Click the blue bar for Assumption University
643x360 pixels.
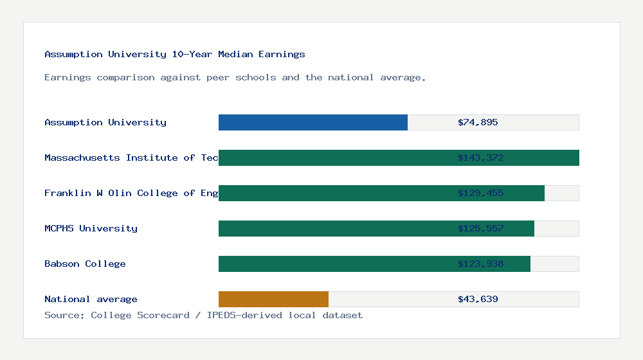(313, 122)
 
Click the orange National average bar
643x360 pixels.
(273, 299)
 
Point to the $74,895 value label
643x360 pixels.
(478, 122)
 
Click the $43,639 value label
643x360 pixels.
(478, 299)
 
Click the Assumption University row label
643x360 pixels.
(105, 122)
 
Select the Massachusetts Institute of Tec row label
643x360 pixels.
(131, 157)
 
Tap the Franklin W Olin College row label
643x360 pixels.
(131, 193)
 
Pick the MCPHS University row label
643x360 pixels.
(91, 228)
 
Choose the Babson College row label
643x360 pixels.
(85, 264)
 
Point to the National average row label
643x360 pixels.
(91, 299)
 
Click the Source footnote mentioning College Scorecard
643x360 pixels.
(203, 315)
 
